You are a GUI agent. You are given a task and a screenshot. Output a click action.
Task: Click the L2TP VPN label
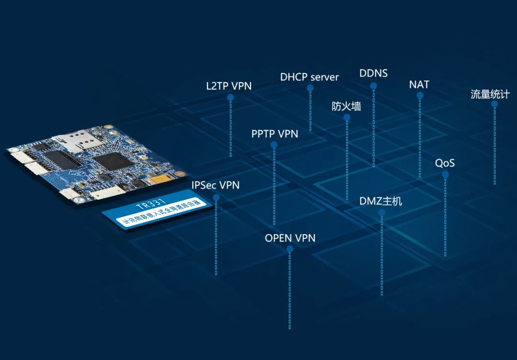(x=229, y=86)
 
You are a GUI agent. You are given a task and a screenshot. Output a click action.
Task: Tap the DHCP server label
(x=309, y=77)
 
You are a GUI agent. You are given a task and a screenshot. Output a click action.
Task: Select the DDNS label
(x=373, y=74)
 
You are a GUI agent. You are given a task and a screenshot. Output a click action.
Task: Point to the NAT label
(x=419, y=85)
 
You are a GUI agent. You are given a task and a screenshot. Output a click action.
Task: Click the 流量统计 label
(x=490, y=94)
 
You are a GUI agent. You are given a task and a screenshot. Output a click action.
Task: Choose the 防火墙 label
(x=346, y=106)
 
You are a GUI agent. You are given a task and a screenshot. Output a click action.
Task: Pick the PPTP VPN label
(x=275, y=134)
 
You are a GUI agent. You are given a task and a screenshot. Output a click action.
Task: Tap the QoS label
(x=445, y=163)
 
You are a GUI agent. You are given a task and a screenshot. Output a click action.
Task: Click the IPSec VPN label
(x=215, y=185)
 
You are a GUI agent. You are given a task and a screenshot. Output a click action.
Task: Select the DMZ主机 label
(x=381, y=201)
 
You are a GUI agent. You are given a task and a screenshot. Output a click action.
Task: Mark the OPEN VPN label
(x=290, y=238)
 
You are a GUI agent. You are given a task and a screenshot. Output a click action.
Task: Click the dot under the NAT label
(x=420, y=96)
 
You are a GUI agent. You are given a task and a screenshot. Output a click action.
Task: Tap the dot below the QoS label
(x=445, y=175)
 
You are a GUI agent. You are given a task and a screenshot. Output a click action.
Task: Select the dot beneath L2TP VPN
(x=230, y=98)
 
